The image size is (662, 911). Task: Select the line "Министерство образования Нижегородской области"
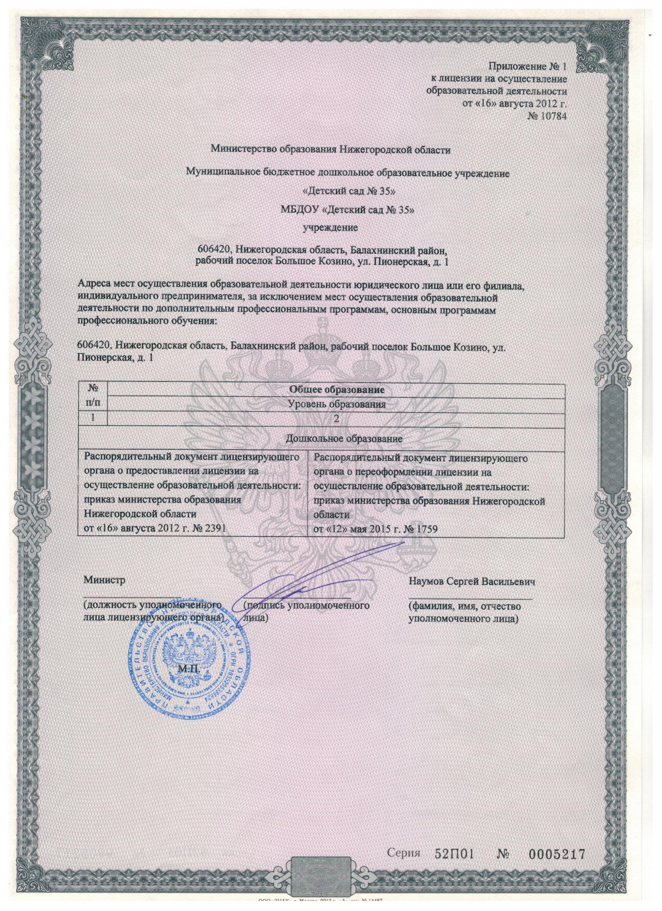tap(331, 149)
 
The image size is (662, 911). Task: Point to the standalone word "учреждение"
tap(330, 227)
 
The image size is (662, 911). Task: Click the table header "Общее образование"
tap(337, 389)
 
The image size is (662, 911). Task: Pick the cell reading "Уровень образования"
tap(337, 404)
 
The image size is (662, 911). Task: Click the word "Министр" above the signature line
tap(104, 580)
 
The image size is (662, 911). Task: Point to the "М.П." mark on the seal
tap(189, 669)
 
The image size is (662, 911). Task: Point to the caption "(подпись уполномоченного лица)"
tap(306, 611)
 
